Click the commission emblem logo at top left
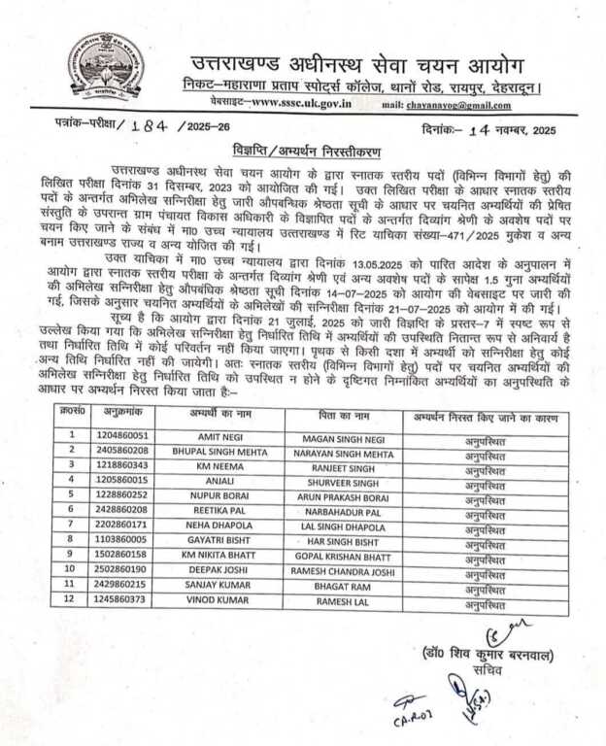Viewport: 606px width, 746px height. pyautogui.click(x=106, y=68)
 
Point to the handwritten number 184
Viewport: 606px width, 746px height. pyautogui.click(x=145, y=128)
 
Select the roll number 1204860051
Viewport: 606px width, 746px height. pyautogui.click(x=122, y=437)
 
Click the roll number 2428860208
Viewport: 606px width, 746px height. pyautogui.click(x=122, y=509)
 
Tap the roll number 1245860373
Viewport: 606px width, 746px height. pyautogui.click(x=122, y=601)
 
